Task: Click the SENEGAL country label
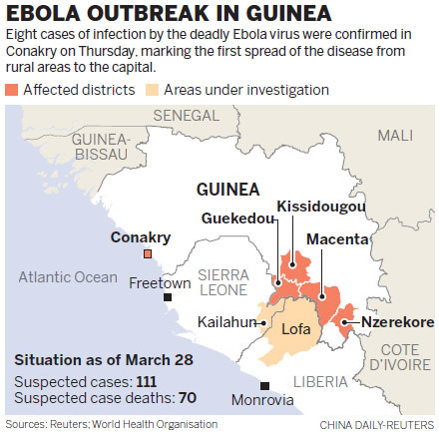(200, 117)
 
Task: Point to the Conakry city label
(142, 237)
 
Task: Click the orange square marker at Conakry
(147, 255)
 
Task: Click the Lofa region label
(296, 328)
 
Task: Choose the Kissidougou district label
(320, 206)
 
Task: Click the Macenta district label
(337, 240)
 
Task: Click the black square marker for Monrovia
(263, 386)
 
